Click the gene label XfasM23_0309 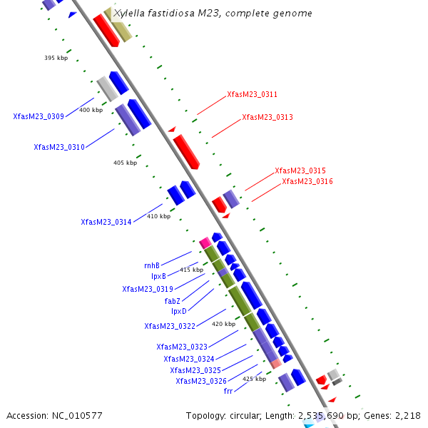[x=39, y=116]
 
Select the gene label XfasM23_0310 [x=59, y=147]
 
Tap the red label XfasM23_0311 [x=253, y=94]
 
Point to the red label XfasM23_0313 [x=267, y=117]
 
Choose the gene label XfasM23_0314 [x=106, y=222]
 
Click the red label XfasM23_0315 [x=300, y=170]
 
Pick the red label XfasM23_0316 [x=307, y=181]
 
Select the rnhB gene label [x=152, y=265]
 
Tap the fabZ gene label [x=173, y=301]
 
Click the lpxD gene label [x=178, y=311]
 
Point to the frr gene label [x=228, y=391]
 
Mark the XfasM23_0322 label [x=170, y=326]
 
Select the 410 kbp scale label [x=159, y=216]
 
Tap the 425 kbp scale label [x=255, y=379]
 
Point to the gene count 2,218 [x=407, y=415]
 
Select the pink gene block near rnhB [x=205, y=243]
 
